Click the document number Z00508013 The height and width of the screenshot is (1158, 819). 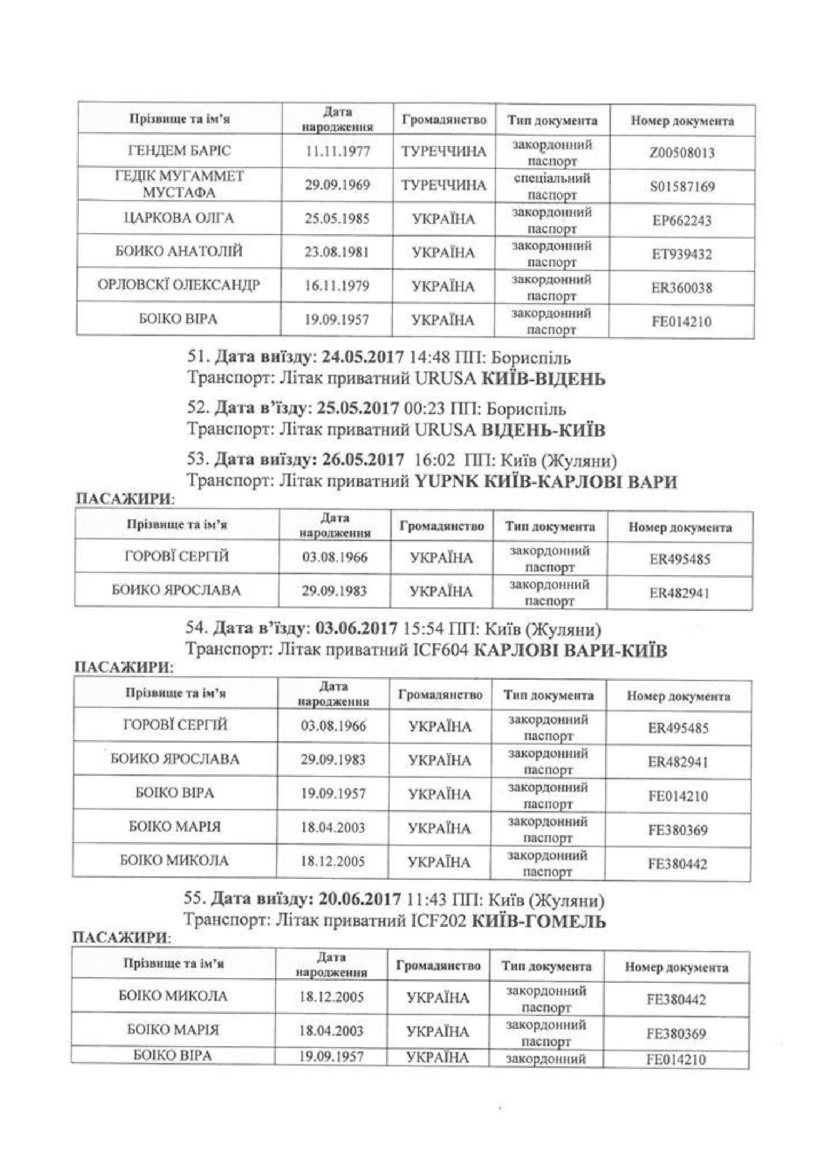682,152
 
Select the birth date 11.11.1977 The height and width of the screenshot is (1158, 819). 337,151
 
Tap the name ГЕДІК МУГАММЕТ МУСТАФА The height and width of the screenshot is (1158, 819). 179,185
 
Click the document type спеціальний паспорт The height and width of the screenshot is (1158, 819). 552,186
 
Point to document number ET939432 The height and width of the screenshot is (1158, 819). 682,253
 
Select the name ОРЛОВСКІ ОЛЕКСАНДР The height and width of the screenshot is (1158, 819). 179,286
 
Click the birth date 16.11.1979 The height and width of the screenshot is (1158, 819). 337,286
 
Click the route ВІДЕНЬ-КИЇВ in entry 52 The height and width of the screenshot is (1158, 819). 544,430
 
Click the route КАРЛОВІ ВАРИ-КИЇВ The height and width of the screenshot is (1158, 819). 571,650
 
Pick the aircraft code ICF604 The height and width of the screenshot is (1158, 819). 441,650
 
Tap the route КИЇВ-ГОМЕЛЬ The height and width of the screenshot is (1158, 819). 539,921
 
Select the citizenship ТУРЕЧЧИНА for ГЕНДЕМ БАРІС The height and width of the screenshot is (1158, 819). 444,151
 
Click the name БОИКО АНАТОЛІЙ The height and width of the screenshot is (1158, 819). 179,251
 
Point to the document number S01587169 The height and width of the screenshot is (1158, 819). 682,187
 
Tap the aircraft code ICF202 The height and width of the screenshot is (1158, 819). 439,921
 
